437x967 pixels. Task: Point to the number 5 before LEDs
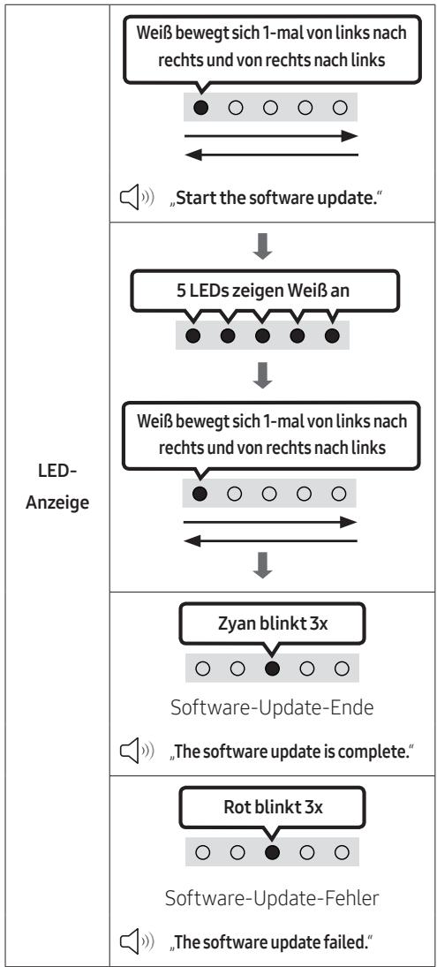(x=182, y=291)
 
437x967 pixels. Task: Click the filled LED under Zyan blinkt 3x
(x=272, y=669)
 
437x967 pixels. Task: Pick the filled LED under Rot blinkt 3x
(x=272, y=853)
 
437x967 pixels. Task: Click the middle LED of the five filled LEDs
(x=262, y=336)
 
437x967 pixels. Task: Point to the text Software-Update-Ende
(x=272, y=707)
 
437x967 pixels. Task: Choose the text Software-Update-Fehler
(x=272, y=898)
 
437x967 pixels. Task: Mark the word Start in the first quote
(x=194, y=201)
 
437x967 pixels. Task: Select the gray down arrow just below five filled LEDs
(x=262, y=376)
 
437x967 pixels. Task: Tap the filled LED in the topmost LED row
(x=200, y=108)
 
